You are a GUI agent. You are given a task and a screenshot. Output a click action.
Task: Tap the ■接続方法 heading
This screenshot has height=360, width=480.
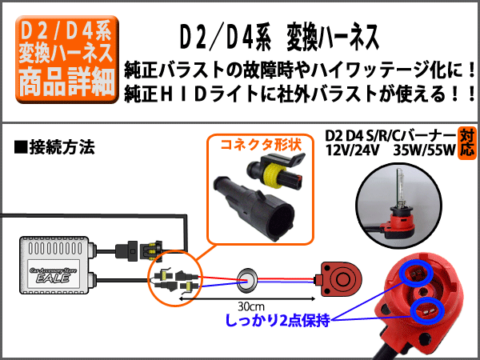(54, 147)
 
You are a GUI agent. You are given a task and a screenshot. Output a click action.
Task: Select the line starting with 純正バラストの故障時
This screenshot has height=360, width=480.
(301, 69)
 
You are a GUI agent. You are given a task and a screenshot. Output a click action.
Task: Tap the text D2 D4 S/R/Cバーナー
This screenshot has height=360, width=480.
(391, 134)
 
